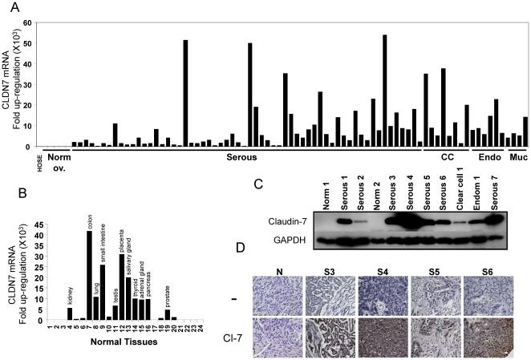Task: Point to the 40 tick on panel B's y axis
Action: click(42, 233)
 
